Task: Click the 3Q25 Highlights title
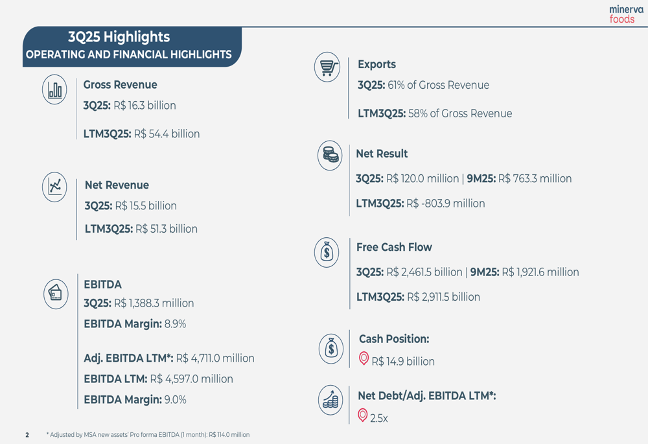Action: click(119, 37)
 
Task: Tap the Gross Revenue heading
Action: click(120, 85)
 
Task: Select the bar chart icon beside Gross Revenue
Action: click(54, 89)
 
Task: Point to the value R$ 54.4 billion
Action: click(167, 134)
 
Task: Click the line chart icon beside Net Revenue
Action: click(54, 187)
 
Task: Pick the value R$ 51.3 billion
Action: click(165, 229)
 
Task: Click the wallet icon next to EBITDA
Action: click(56, 294)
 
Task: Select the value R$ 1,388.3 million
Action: click(154, 303)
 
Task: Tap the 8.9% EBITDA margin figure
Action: click(175, 324)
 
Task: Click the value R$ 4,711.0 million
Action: click(215, 358)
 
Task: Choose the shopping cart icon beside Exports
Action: click(327, 67)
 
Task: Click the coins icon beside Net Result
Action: click(330, 156)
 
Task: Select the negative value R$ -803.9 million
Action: click(445, 204)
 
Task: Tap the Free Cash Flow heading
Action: click(394, 248)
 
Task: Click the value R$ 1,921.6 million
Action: click(540, 272)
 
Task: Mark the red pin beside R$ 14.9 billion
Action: click(364, 358)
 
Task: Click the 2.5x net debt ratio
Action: click(379, 419)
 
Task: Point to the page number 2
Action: click(27, 435)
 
